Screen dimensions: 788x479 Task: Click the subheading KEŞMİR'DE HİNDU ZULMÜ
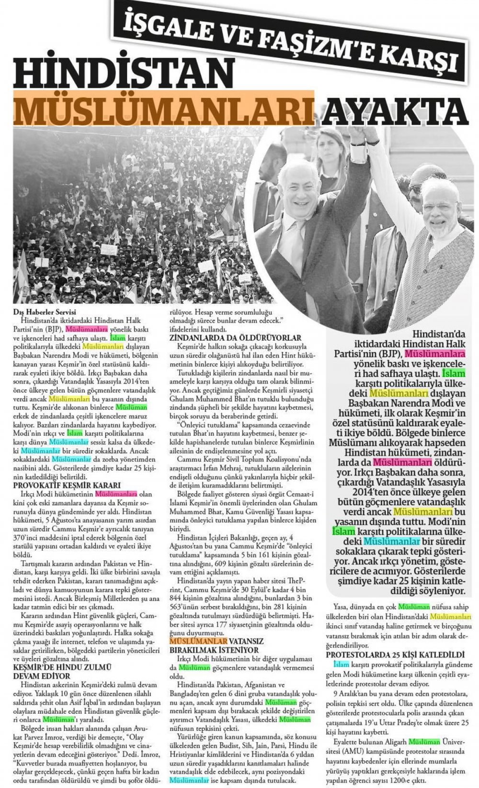click(x=63, y=666)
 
